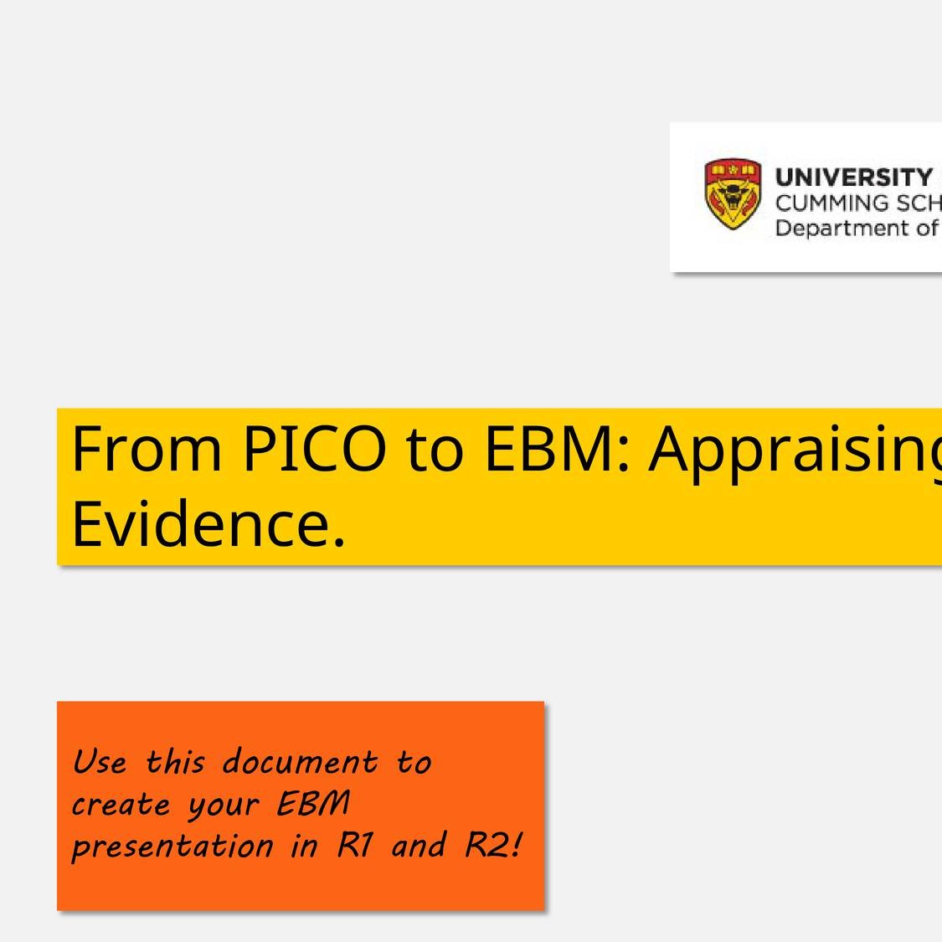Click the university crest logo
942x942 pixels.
(733, 194)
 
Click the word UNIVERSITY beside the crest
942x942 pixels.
(853, 178)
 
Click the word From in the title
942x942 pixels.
(147, 450)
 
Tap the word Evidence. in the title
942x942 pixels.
(208, 524)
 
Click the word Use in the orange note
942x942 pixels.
(100, 763)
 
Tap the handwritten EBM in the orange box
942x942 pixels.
(313, 805)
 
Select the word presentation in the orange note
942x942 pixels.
(172, 847)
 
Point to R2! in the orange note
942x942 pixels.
(494, 846)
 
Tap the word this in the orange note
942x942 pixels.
(175, 763)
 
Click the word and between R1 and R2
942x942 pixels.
(418, 846)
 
